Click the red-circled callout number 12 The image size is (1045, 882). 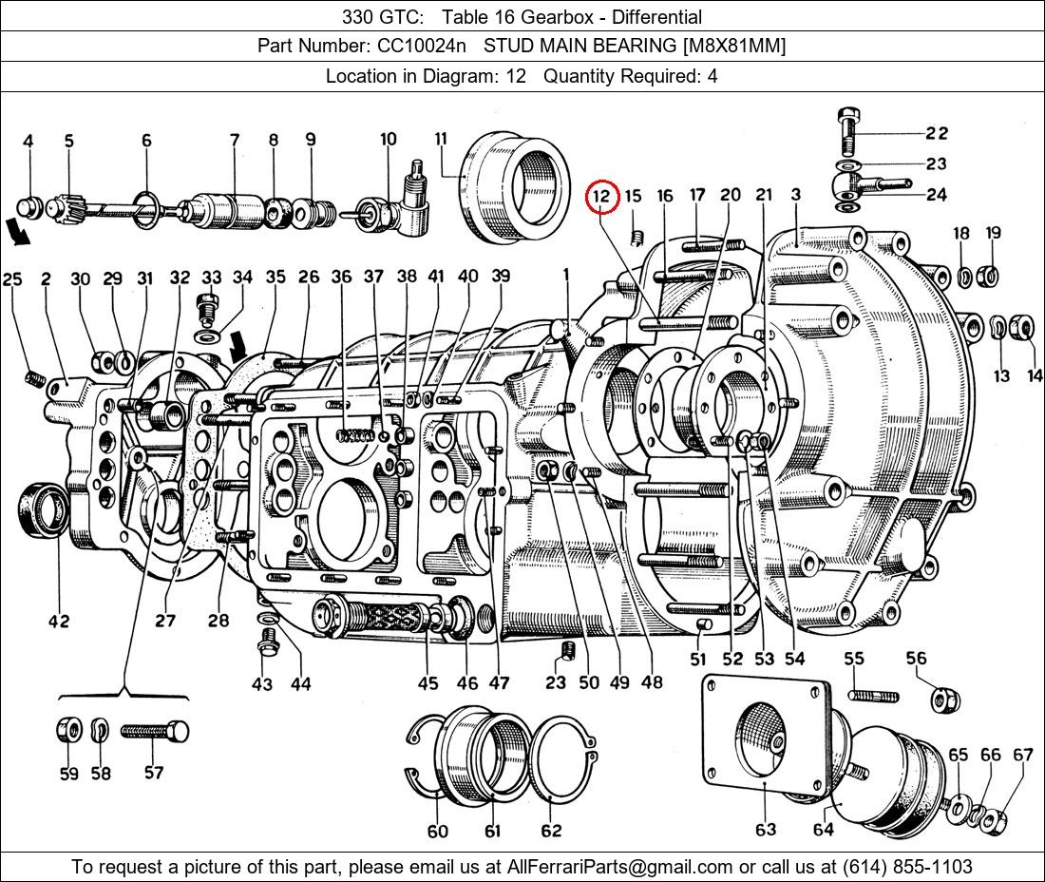tap(601, 197)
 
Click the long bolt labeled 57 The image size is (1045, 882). tap(154, 732)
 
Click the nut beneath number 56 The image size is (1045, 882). tap(942, 700)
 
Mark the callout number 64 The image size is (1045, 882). tap(823, 829)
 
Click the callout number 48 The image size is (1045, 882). tap(652, 681)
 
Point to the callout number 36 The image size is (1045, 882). tap(341, 277)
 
